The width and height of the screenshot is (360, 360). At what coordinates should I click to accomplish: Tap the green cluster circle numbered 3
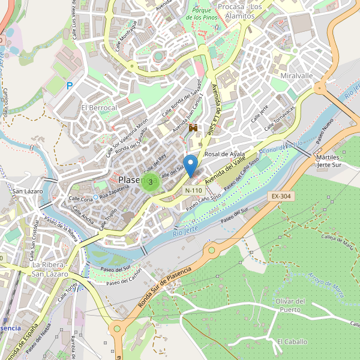(x=150, y=181)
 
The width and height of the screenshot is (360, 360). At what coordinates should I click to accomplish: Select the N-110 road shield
(x=193, y=190)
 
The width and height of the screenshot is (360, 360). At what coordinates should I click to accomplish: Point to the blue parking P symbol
(x=70, y=86)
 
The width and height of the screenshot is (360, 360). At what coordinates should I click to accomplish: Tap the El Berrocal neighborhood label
(x=99, y=107)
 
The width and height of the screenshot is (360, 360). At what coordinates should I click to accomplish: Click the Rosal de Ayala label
(x=225, y=154)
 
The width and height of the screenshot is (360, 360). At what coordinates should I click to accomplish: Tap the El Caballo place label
(x=292, y=341)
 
